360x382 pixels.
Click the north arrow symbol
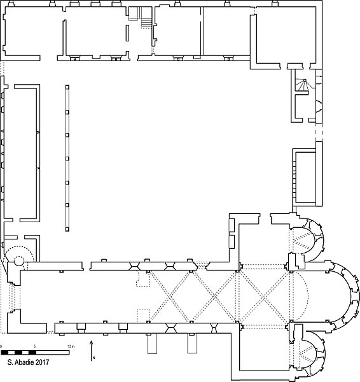coord(92,350)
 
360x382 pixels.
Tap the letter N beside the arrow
coord(93,358)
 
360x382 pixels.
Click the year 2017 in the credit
coord(43,362)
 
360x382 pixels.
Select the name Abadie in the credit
coord(25,362)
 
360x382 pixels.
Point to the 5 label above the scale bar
coord(34,346)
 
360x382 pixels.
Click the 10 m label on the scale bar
coord(71,346)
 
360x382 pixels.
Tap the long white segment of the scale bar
coord(53,353)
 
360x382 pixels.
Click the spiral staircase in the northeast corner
coord(303,85)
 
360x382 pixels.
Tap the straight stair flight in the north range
coord(146,22)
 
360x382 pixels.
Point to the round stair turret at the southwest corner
coord(19,261)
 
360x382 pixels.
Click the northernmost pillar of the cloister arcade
coord(67,87)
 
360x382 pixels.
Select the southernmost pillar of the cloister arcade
coord(67,229)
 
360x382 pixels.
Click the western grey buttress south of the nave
coord(152,343)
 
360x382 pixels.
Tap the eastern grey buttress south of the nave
coord(192,343)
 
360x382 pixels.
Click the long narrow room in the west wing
coord(20,153)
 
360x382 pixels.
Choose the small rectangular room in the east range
coord(306,178)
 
